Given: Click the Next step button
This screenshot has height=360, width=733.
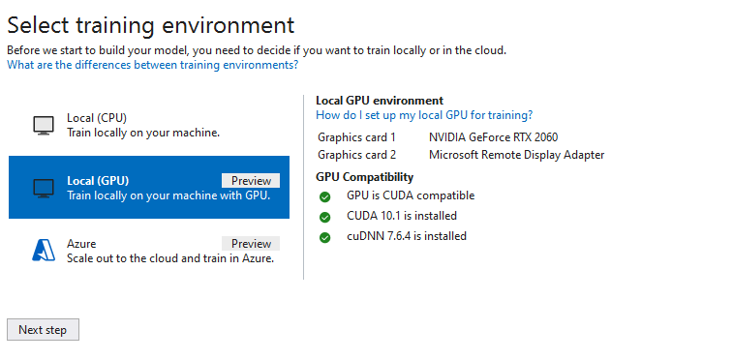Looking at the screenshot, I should [43, 330].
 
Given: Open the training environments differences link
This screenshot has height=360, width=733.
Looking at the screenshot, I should [152, 65].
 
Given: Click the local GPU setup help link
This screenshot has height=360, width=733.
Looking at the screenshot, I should [424, 114].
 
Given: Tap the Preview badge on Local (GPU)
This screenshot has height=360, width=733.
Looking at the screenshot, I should [251, 181].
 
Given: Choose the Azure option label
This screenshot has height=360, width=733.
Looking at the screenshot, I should [81, 244].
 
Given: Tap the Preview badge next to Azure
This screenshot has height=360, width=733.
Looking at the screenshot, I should [251, 244].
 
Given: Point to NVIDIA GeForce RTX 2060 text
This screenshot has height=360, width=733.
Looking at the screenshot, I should [493, 137].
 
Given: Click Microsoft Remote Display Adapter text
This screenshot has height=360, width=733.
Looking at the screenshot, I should [516, 155].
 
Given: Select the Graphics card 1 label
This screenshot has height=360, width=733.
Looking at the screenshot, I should [356, 137].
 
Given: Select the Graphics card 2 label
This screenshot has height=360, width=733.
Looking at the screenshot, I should [356, 155].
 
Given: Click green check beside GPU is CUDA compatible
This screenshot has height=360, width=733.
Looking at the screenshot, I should [325, 196].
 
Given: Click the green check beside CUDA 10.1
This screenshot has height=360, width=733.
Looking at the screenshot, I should [325, 217].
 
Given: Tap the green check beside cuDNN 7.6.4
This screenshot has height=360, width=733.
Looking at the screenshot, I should [325, 237].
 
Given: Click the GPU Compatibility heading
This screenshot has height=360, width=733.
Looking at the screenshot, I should [364, 177].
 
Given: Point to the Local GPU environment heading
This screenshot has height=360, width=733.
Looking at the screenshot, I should [380, 101].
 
